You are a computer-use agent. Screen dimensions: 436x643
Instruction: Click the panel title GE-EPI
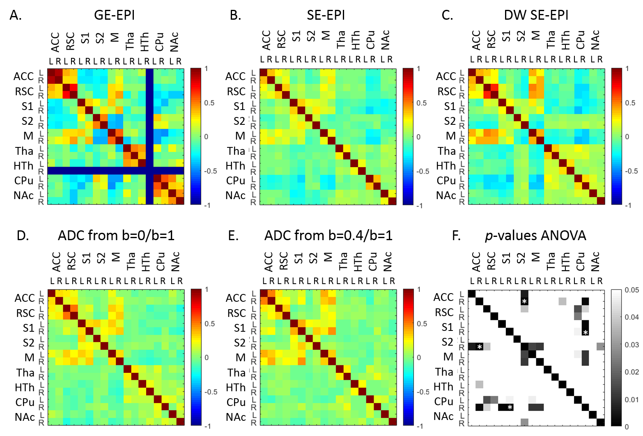[114, 15]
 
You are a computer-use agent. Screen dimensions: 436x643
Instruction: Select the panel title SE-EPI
[326, 15]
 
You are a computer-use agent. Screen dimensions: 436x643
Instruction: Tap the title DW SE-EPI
[536, 15]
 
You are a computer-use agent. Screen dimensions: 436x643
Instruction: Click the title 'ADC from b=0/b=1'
[116, 236]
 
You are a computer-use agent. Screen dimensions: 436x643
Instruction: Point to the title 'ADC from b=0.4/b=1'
[328, 236]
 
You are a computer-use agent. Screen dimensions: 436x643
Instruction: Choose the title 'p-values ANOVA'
[535, 236]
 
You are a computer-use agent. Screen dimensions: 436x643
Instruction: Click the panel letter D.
[23, 236]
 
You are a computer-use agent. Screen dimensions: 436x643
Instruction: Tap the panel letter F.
[456, 236]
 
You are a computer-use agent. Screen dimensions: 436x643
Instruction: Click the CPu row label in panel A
[23, 181]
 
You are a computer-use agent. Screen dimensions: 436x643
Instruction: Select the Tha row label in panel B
[236, 151]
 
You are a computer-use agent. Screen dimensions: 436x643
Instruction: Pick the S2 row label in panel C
[450, 121]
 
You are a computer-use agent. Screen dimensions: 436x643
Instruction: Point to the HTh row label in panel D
[25, 388]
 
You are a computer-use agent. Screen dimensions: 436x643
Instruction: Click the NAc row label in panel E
[236, 417]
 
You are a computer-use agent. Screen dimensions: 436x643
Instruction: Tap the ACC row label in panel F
[443, 297]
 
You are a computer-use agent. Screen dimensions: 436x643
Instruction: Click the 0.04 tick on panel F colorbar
[631, 317]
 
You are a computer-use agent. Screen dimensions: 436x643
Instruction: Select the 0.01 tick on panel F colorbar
[631, 399]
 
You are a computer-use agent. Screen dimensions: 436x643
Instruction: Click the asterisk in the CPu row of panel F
[510, 408]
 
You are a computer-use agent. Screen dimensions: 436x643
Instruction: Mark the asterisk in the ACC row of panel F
[524, 302]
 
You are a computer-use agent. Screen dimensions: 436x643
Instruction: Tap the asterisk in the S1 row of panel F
[586, 333]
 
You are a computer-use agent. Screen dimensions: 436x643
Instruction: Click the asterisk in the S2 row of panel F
[479, 347]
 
